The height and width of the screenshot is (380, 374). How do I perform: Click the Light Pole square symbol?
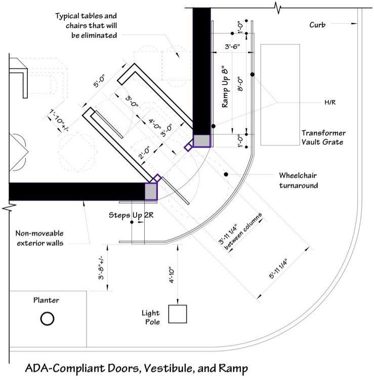(x=178, y=314)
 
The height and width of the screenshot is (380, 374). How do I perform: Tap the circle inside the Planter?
(x=47, y=318)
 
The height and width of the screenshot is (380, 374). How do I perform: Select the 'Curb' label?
(x=317, y=25)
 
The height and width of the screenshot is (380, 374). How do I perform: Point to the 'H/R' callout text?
(x=330, y=103)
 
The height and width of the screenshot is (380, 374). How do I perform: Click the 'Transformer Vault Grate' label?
(x=323, y=137)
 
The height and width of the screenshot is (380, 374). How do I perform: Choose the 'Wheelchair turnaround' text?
(x=298, y=180)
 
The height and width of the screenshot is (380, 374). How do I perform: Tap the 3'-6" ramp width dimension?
(x=232, y=46)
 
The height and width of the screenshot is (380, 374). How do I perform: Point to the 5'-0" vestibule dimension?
(x=99, y=81)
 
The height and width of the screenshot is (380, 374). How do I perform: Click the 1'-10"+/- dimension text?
(x=58, y=120)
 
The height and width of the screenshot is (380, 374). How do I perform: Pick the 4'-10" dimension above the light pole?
(x=172, y=275)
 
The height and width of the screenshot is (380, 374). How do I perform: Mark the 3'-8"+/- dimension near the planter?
(x=101, y=267)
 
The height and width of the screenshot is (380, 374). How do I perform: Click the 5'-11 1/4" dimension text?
(x=278, y=269)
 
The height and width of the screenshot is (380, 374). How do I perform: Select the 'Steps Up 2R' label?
(x=131, y=215)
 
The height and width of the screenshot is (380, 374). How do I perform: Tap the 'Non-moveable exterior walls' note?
(x=40, y=238)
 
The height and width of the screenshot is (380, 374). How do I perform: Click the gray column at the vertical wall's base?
(x=202, y=141)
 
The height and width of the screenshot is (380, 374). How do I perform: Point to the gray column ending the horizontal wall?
(x=151, y=192)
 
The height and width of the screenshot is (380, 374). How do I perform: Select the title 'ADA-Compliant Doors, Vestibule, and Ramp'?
(x=137, y=368)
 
